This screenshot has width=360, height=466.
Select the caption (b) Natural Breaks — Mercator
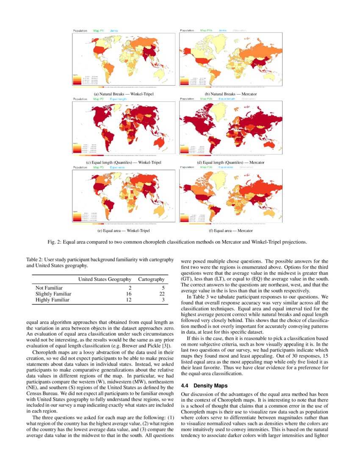(x=231, y=94)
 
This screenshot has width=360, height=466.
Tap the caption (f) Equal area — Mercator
(x=231, y=231)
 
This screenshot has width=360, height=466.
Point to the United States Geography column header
(x=105, y=279)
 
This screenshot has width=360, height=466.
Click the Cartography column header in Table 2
(x=151, y=279)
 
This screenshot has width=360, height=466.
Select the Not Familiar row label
(x=49, y=288)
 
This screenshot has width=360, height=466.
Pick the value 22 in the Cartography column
(x=161, y=294)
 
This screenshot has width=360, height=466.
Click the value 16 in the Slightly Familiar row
(x=129, y=294)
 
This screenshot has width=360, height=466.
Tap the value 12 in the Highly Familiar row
(x=129, y=300)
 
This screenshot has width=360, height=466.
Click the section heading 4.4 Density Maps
(x=204, y=386)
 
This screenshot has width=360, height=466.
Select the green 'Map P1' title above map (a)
(x=99, y=31)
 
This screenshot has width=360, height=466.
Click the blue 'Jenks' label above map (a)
(x=114, y=31)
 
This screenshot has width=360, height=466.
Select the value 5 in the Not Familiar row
(x=163, y=288)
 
